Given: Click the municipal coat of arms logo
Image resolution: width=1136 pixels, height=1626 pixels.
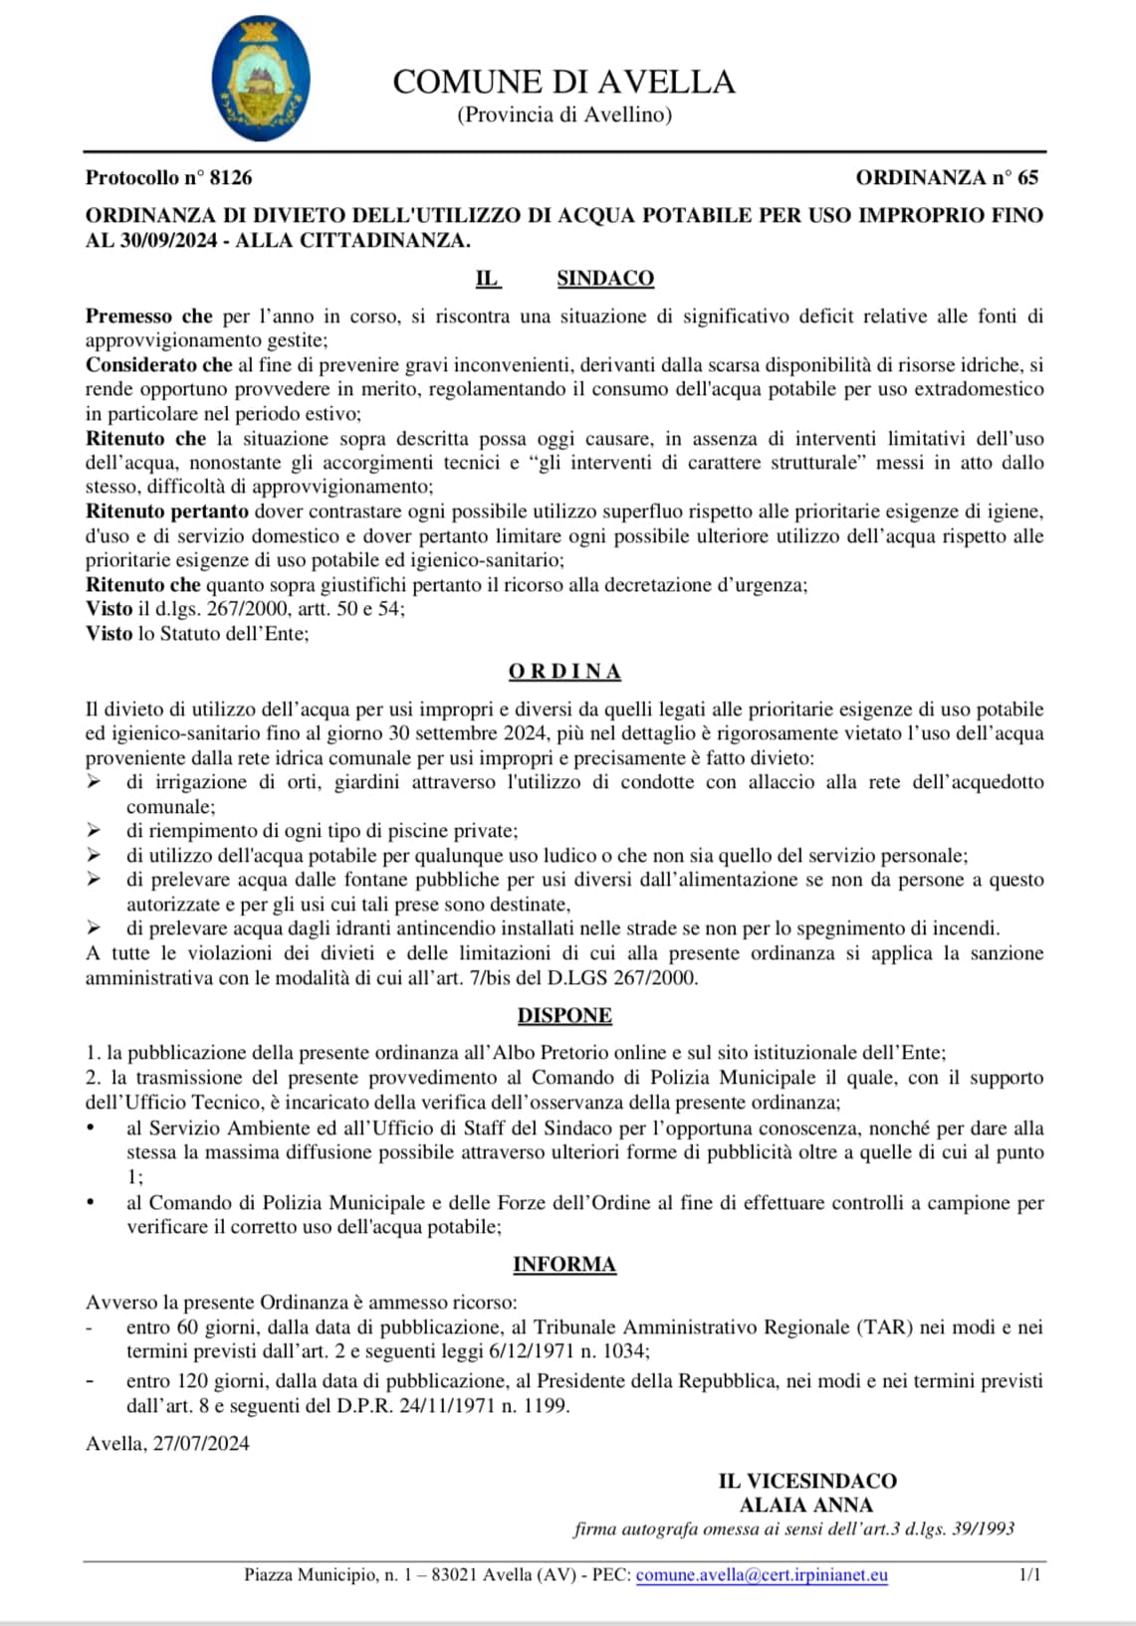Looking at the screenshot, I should pyautogui.click(x=262, y=79).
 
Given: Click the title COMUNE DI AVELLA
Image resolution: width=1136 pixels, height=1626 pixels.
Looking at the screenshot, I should pyautogui.click(x=564, y=82).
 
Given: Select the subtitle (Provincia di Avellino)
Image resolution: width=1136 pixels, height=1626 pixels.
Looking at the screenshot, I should pyautogui.click(x=564, y=114).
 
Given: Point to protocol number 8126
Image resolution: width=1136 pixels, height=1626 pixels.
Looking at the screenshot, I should pyautogui.click(x=168, y=178).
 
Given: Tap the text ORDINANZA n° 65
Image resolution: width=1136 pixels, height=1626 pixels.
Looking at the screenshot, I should pyautogui.click(x=946, y=178).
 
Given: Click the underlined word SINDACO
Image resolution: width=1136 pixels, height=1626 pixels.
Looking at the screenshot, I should pyautogui.click(x=604, y=279).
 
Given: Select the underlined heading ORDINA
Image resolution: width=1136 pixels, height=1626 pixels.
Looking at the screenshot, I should pyautogui.click(x=565, y=672).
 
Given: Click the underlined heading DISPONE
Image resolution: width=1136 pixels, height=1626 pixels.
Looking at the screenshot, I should pyautogui.click(x=565, y=1016).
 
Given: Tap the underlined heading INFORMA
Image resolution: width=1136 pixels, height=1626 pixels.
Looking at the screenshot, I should pyautogui.click(x=565, y=1265).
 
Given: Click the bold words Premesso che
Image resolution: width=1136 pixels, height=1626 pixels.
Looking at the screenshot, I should pyautogui.click(x=148, y=316).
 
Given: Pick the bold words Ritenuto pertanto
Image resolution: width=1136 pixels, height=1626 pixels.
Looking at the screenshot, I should pyautogui.click(x=166, y=511).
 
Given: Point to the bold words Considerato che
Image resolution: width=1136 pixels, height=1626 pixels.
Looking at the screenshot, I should pyautogui.click(x=158, y=365).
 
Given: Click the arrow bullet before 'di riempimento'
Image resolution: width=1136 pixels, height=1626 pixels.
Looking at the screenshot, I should pyautogui.click(x=94, y=830).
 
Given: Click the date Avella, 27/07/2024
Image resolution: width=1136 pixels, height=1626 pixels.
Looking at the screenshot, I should pyautogui.click(x=167, y=1444).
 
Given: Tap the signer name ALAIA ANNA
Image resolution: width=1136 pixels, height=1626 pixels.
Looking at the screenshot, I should pyautogui.click(x=805, y=1506).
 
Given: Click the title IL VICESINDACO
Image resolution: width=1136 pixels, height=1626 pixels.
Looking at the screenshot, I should pyautogui.click(x=807, y=1481).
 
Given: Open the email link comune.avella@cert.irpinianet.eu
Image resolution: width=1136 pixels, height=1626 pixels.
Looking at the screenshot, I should pyautogui.click(x=762, y=1575).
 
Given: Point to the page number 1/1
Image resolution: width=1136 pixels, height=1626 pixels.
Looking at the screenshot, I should pyautogui.click(x=1029, y=1575).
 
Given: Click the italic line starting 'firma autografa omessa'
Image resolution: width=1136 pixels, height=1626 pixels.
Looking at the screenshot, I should pyautogui.click(x=794, y=1529).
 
